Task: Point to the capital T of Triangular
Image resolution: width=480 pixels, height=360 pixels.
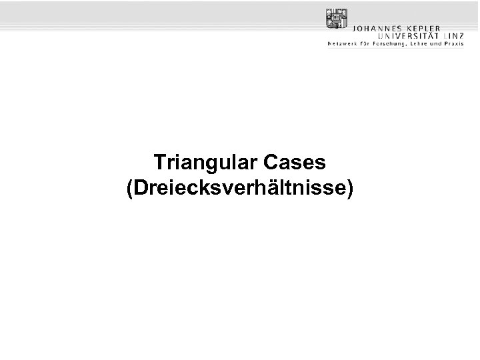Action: pyautogui.click(x=159, y=162)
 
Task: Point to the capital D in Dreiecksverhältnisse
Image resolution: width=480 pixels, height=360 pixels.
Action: pyautogui.click(x=139, y=187)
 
